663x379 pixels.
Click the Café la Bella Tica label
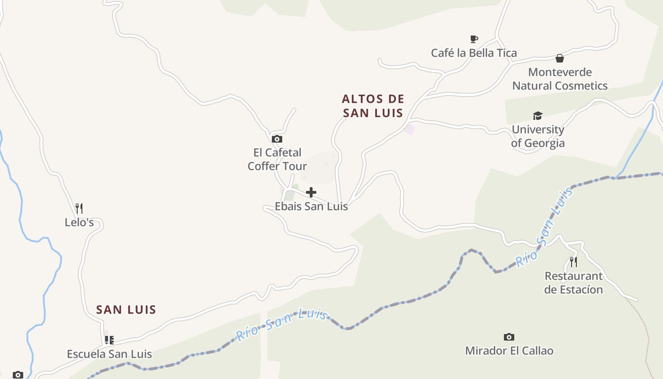coord(474,53)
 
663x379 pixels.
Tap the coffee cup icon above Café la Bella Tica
coord(474,39)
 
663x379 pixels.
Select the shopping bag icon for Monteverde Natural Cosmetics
coord(560,58)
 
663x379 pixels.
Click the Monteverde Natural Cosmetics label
coord(560,79)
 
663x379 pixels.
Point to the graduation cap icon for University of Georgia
coord(538,116)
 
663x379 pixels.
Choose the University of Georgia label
coord(538,136)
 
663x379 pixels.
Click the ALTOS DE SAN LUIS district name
coord(373,106)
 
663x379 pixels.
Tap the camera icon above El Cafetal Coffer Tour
coord(277,139)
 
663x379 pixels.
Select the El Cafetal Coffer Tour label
coord(277,159)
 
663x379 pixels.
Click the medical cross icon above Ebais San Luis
coord(311,192)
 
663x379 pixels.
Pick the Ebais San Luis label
coord(311,207)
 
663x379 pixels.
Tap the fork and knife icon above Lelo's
coord(79,208)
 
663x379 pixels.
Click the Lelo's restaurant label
coord(79,222)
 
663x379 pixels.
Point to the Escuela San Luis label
coord(109,354)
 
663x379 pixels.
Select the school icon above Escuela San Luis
coord(109,340)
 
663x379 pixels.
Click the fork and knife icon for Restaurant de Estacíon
coord(573,262)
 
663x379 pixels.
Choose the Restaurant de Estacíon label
coord(573,283)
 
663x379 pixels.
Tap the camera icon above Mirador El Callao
coord(509,337)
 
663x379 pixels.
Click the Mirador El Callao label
coord(509,351)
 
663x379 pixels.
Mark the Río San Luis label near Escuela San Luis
coord(282,325)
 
